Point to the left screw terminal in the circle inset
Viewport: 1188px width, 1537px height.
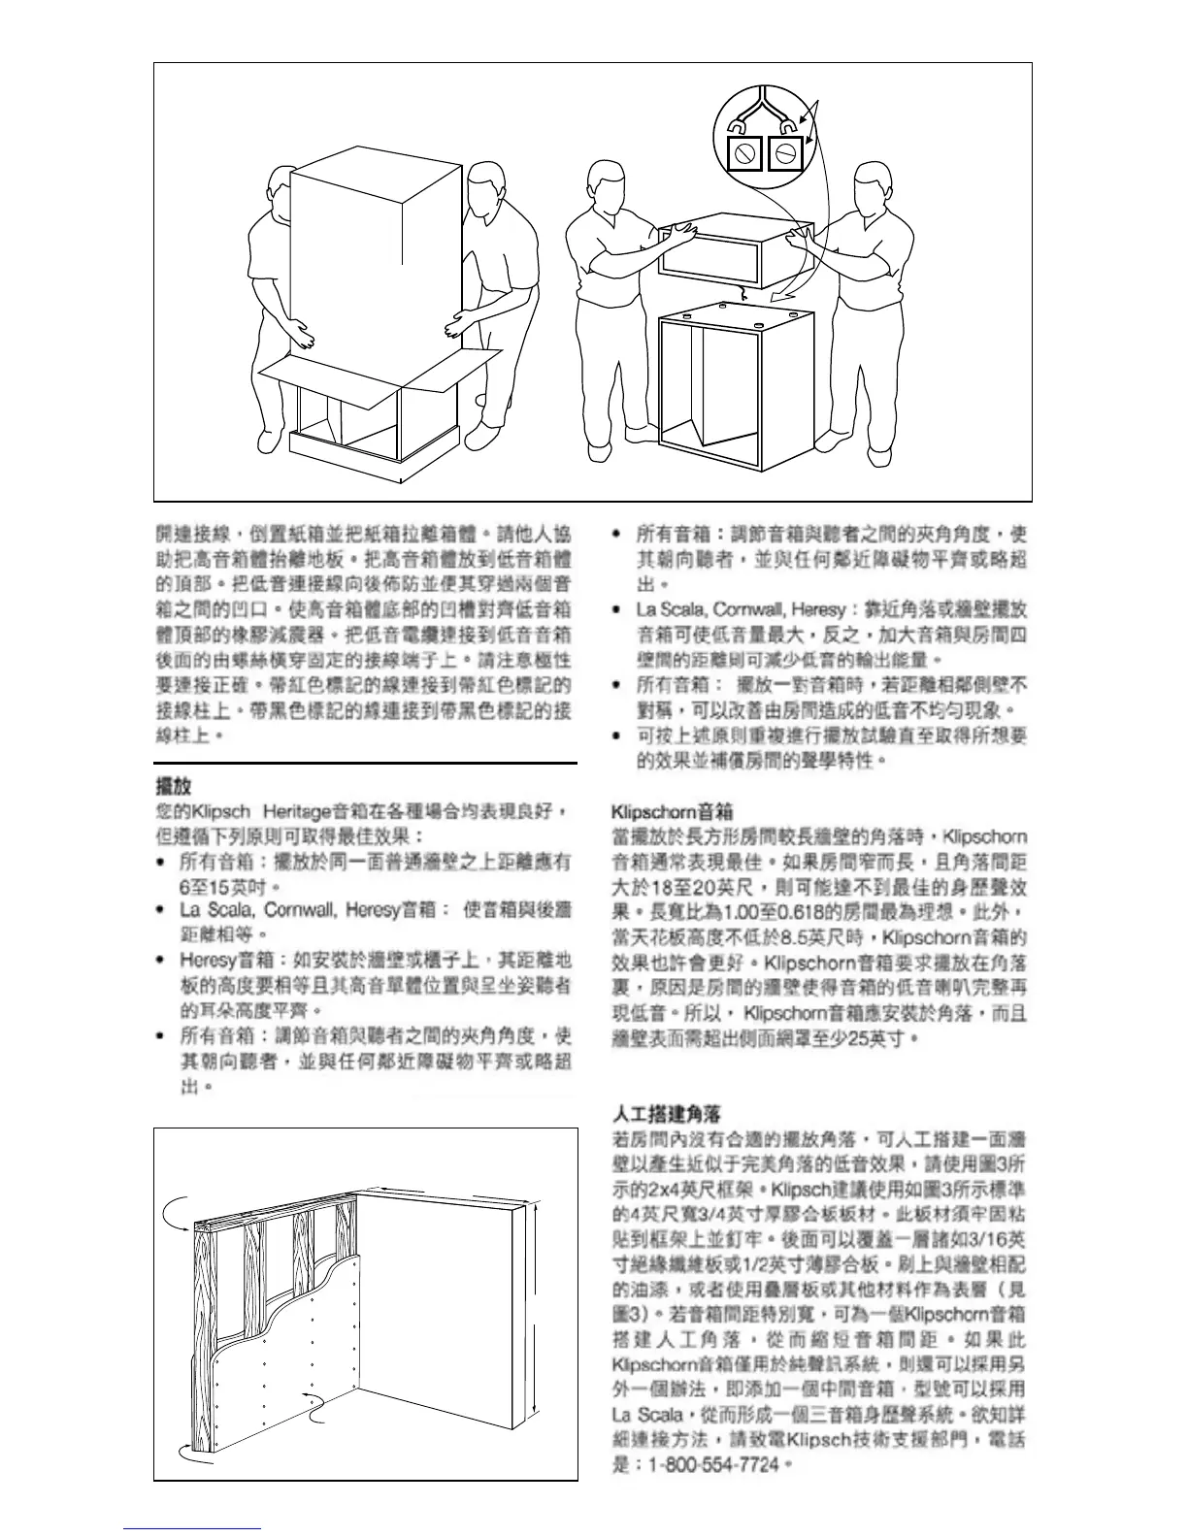coord(746,152)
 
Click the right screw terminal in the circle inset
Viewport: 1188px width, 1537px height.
coord(785,152)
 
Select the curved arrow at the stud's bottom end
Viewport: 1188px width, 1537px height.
coord(193,1452)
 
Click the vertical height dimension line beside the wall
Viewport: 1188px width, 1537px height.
coord(534,1310)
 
